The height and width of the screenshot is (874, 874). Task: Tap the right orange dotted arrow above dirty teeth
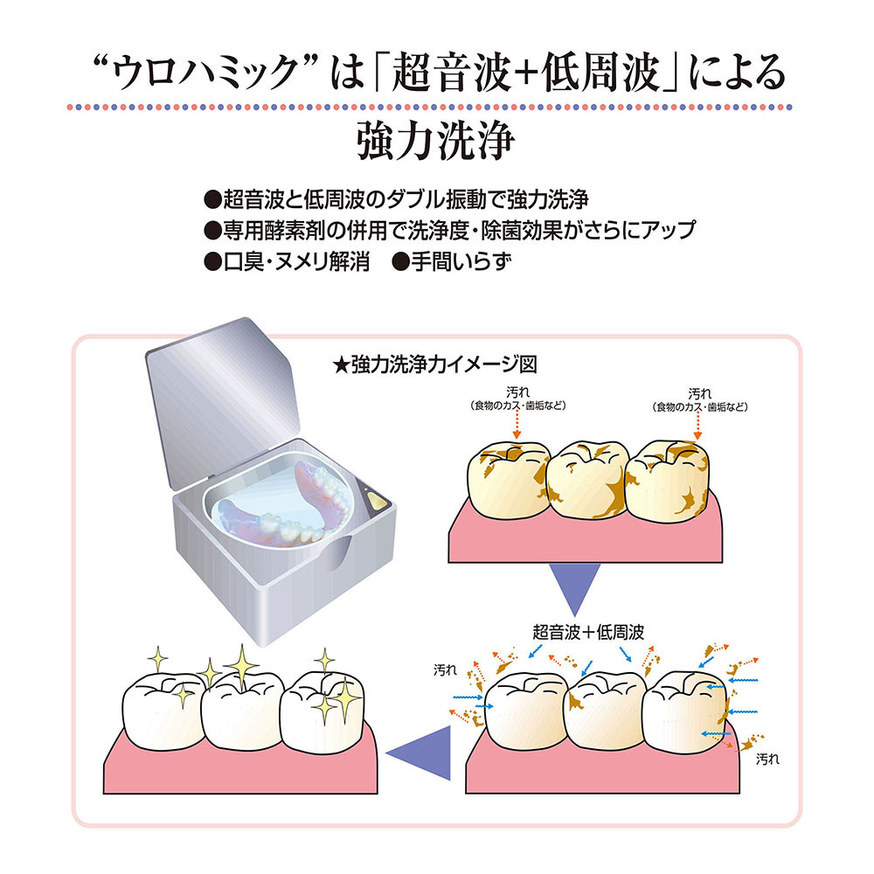click(698, 425)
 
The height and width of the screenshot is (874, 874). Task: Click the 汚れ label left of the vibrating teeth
click(445, 670)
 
